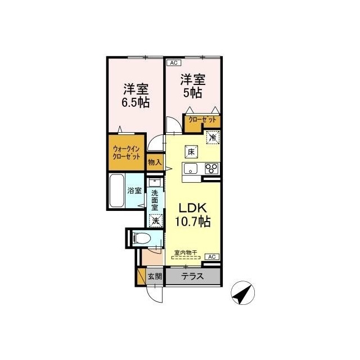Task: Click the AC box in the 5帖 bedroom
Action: [174, 62]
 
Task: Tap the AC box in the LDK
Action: [212, 256]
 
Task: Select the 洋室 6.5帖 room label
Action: [136, 96]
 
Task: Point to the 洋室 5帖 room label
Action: [193, 86]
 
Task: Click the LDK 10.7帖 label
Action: [193, 215]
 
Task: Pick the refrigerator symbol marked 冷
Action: [213, 137]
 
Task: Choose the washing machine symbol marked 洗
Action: [156, 220]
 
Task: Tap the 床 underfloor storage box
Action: [191, 151]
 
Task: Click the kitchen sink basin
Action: [190, 168]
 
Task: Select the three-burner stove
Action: [211, 168]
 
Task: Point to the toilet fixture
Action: [142, 238]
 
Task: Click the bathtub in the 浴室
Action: [116, 191]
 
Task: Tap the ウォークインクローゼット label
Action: [127, 153]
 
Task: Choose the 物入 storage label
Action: [155, 163]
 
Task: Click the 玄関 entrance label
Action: [155, 276]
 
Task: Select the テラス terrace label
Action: [192, 276]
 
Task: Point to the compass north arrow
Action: [241, 294]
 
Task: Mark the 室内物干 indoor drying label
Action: [186, 253]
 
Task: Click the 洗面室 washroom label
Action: [155, 200]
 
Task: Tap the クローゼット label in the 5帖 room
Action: [202, 119]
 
